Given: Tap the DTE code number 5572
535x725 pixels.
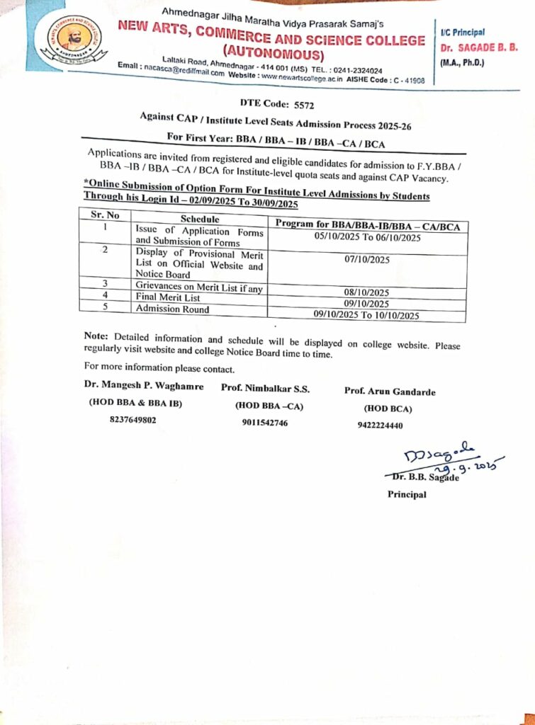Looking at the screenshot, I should click(308, 103).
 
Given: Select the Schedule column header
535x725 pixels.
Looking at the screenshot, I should click(201, 219).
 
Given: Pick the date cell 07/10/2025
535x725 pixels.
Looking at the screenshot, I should click(367, 260).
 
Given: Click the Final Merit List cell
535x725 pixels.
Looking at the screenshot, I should click(168, 297).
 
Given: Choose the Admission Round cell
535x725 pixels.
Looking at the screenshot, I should click(172, 309).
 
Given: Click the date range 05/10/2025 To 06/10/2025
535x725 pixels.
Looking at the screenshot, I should click(368, 238).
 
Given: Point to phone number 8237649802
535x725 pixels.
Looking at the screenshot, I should click(133, 419).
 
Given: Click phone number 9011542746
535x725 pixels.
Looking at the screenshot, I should click(265, 423).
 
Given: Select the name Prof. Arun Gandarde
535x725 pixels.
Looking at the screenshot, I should click(390, 392).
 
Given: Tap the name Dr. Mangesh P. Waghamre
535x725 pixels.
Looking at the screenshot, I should click(144, 387).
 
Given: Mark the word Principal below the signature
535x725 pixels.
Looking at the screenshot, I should click(407, 494).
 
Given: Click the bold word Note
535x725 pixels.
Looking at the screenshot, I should click(96, 336).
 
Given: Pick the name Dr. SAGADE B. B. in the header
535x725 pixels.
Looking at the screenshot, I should click(479, 47).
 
